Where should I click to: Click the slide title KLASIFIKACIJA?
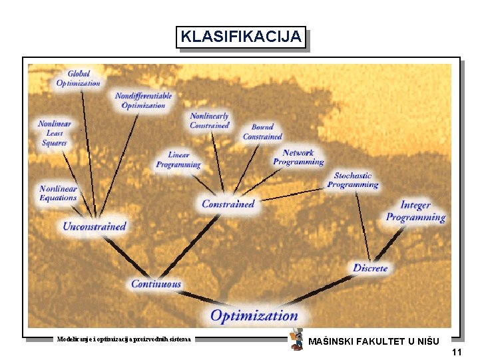tap(241, 37)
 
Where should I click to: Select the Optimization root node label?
tap(254, 315)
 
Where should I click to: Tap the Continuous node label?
tap(156, 284)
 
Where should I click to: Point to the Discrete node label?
tap(370, 268)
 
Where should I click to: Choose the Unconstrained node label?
tap(94, 226)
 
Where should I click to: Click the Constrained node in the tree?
tap(228, 204)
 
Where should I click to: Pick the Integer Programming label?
tap(415, 212)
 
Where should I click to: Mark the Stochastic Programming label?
tap(353, 180)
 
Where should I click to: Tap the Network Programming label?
tap(298, 158)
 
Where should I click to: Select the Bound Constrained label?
tap(262, 132)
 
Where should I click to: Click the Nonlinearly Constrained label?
tap(210, 120)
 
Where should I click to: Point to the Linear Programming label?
tap(178, 160)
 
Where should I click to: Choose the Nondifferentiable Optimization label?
tap(143, 100)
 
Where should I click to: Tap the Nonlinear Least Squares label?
tap(55, 133)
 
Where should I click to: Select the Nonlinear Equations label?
tap(59, 193)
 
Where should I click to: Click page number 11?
tap(456, 352)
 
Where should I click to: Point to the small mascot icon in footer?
tap(297, 339)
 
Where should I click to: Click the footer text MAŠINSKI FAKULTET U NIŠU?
tap(373, 342)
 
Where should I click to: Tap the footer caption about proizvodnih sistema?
tap(124, 339)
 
